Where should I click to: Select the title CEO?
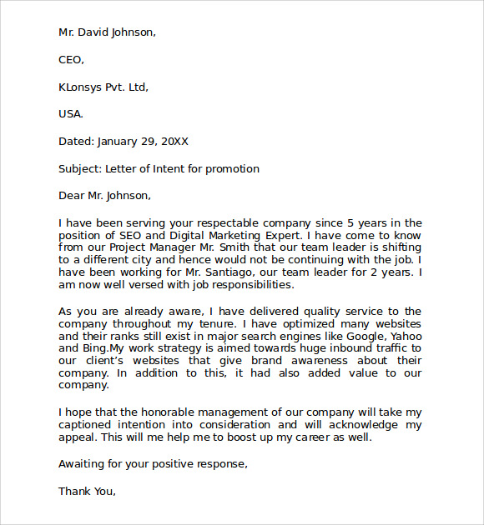[70, 59]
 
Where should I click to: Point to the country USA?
[70, 114]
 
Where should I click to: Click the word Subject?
[79, 169]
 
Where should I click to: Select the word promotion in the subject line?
[234, 169]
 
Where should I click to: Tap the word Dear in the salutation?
[72, 196]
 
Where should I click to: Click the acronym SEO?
[131, 235]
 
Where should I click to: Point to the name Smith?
[221, 247]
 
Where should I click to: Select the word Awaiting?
[83, 464]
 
